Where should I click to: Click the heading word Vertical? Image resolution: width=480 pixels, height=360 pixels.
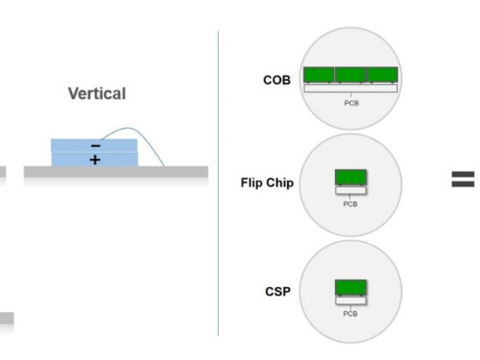97,93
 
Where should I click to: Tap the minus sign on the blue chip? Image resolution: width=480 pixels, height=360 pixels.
95,146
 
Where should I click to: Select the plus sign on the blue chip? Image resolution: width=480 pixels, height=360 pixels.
95,159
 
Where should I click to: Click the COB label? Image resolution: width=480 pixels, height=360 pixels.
277,81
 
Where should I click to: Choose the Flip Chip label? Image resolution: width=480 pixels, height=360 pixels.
267,183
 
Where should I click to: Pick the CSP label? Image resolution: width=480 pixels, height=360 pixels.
278,291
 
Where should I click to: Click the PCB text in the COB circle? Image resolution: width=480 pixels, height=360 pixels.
351,103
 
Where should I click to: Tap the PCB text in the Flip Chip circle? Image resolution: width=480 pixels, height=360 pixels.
351,204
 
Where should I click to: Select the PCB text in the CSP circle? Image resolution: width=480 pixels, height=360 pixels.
351,314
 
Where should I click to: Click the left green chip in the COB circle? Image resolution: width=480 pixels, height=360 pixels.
319,75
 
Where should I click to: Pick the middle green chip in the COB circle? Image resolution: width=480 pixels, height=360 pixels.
351,75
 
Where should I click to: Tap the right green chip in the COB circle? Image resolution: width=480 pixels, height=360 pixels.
382,75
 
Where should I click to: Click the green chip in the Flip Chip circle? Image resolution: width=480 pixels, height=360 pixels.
351,177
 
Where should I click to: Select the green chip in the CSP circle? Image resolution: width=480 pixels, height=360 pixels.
351,287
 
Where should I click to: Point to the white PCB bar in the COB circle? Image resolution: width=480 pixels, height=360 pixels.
351,88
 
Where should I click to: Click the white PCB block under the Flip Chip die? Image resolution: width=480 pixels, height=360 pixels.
351,190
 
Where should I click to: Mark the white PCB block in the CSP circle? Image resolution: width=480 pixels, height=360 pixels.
351,301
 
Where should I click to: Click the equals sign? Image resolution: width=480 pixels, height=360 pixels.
463,179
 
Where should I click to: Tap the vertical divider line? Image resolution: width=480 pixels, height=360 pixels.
218,183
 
